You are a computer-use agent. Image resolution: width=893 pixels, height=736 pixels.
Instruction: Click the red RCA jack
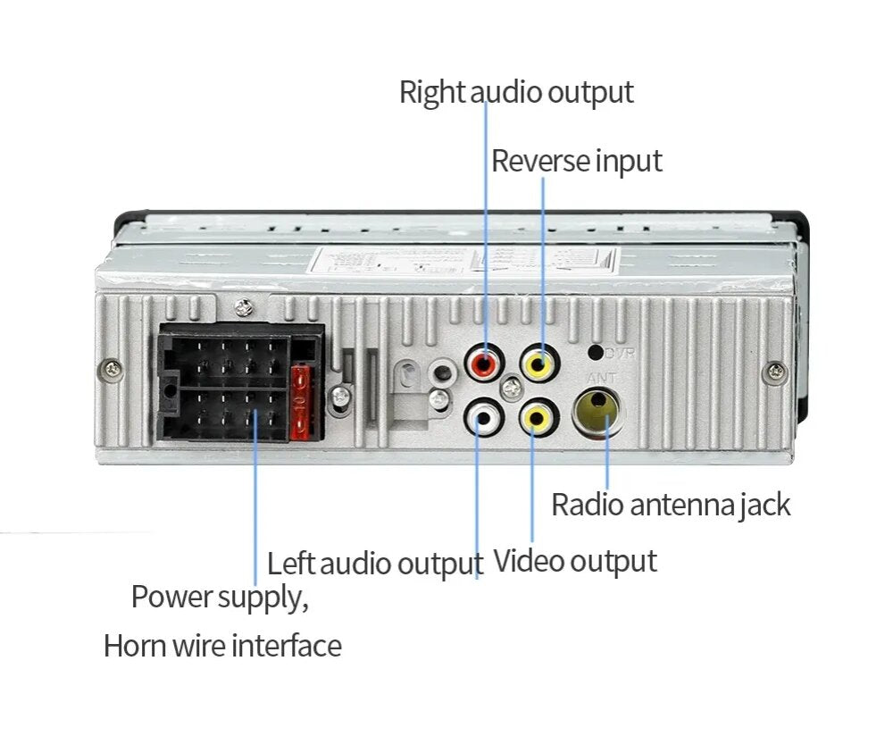pos(483,364)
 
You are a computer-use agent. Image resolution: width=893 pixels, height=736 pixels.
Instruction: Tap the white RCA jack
pos(482,416)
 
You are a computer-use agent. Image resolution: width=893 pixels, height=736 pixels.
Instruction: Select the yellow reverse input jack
pos(540,363)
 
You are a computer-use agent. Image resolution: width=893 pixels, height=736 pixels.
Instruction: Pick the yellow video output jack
pos(538,416)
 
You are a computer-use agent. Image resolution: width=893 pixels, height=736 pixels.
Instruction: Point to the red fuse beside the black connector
pos(302,402)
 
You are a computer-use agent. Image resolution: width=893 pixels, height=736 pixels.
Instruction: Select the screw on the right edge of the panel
pos(775,368)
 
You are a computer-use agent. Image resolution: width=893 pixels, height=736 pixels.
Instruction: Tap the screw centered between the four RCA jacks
pos(511,389)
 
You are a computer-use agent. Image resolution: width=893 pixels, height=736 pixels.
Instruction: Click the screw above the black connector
pos(241,309)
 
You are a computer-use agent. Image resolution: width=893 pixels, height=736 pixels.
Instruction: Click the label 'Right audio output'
pos(516,92)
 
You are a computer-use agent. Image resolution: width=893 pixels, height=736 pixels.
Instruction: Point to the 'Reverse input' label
pos(577,162)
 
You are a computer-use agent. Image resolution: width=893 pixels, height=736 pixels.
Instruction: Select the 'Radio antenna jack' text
pos(671,505)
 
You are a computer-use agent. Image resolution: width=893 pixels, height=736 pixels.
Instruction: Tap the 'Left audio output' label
pos(375,565)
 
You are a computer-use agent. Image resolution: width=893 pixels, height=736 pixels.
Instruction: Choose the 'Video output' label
pos(575,562)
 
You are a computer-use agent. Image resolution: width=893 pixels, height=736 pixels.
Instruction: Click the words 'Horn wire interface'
pos(222,645)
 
